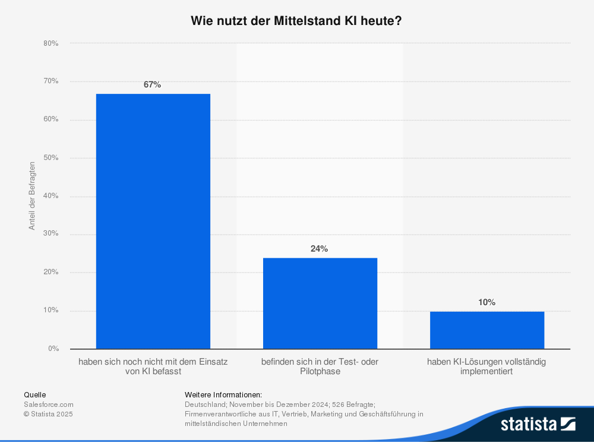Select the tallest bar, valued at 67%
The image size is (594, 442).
click(153, 221)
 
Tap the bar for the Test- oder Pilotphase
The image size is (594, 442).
click(320, 303)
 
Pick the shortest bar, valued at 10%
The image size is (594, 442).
click(487, 330)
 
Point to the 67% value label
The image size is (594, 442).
click(152, 84)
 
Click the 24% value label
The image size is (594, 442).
click(319, 249)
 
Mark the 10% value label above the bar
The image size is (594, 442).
click(486, 302)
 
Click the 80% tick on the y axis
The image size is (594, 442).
click(50, 43)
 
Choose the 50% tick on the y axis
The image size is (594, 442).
click(50, 158)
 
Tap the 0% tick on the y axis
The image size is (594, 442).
click(53, 349)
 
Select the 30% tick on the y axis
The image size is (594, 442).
click(50, 234)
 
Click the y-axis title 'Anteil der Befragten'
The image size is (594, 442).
click(32, 196)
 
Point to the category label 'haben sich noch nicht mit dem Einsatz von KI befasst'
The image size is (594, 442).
click(153, 366)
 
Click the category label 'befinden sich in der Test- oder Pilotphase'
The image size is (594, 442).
click(320, 366)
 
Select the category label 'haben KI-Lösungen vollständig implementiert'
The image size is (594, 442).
click(486, 366)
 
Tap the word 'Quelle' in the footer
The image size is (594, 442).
click(34, 394)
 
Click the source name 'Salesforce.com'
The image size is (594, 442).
click(49, 404)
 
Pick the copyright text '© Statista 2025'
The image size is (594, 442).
click(48, 413)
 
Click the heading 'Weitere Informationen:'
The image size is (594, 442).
click(223, 394)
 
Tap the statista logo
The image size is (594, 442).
click(538, 424)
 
